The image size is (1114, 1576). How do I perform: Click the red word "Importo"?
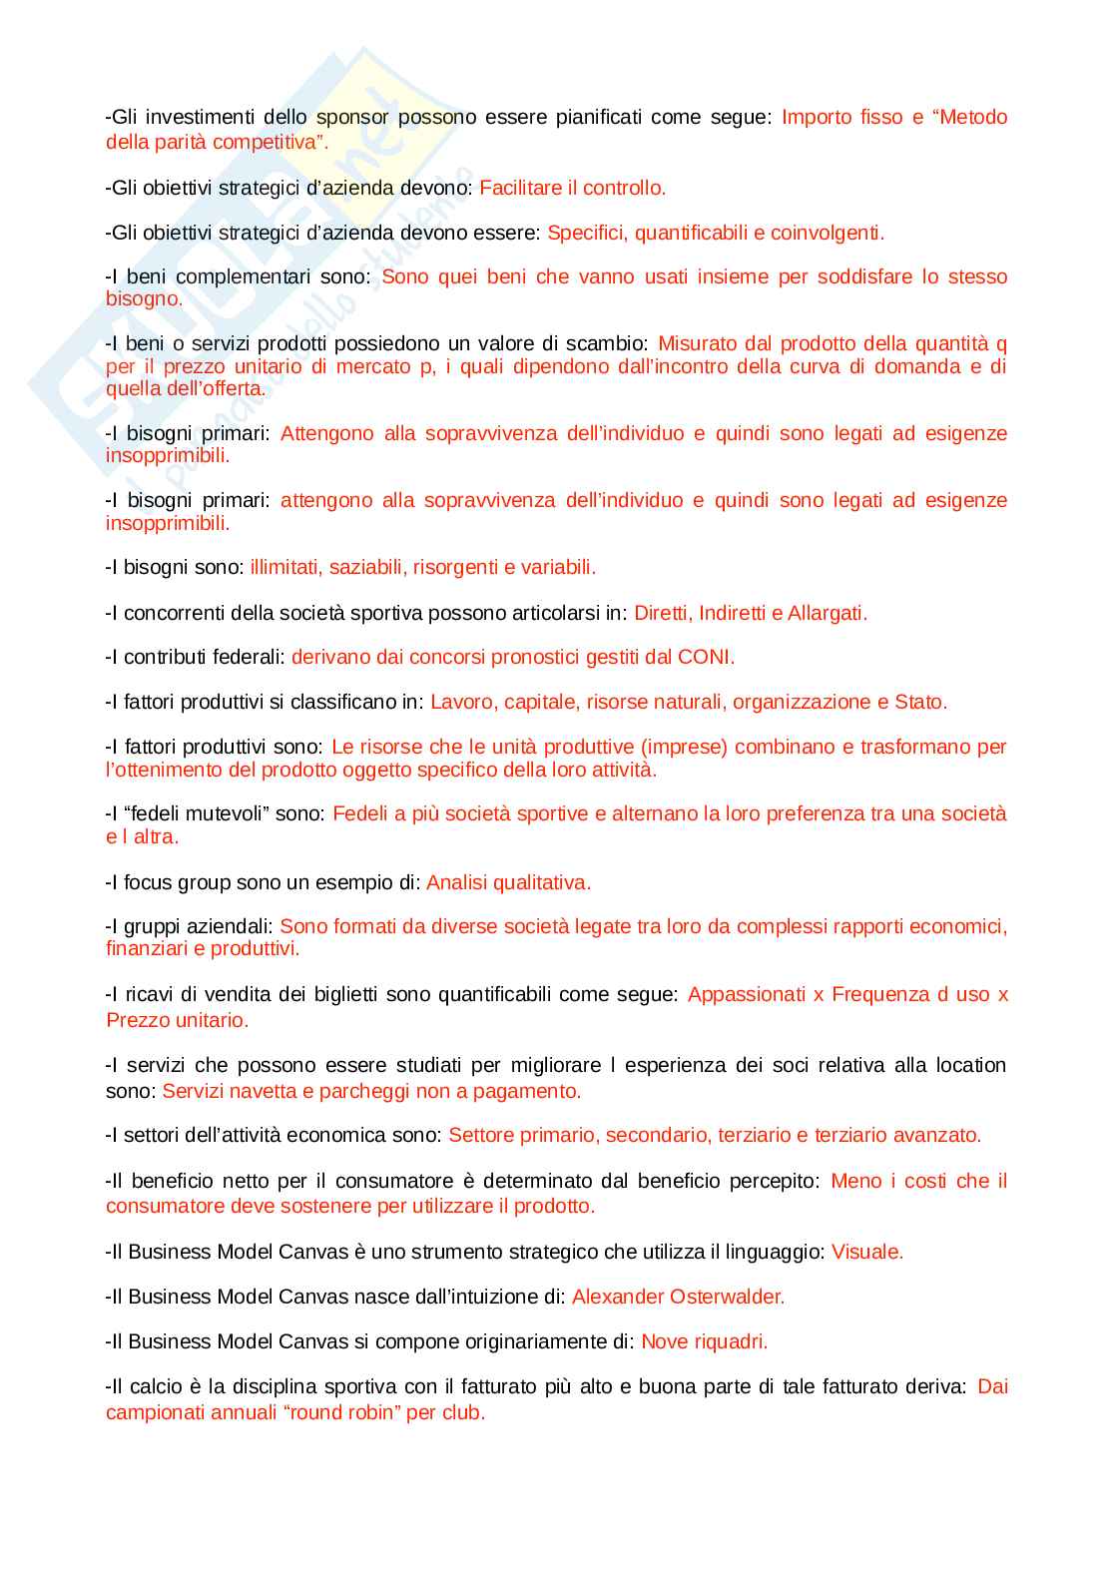click(814, 117)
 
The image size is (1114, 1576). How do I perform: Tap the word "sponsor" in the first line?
click(352, 117)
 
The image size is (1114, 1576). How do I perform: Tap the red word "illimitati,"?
click(285, 567)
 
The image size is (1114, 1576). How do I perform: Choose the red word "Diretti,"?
click(663, 613)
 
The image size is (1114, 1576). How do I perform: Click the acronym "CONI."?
click(706, 657)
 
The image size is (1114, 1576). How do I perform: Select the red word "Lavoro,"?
click(463, 702)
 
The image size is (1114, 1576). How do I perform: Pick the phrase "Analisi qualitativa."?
click(508, 882)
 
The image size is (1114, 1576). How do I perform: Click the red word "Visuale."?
click(867, 1252)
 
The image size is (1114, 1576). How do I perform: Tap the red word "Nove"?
click(664, 1341)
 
